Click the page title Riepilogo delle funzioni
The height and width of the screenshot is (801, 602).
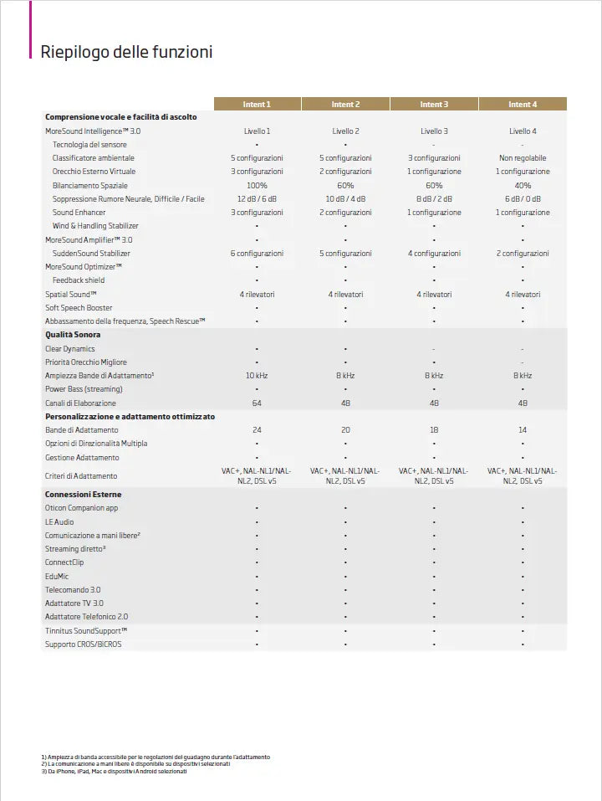point(126,52)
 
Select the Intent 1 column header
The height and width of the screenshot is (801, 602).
point(257,105)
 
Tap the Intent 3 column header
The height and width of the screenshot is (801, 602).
point(434,105)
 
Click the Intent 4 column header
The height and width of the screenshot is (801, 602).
point(523,105)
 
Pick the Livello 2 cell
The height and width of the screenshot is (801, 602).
point(345,131)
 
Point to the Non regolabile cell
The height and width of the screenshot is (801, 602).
point(523,158)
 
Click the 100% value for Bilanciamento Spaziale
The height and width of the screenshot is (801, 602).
point(257,185)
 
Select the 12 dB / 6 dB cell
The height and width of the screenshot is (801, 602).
point(257,199)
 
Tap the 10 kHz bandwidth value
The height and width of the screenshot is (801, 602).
point(257,376)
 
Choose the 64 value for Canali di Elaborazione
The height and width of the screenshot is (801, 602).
point(257,403)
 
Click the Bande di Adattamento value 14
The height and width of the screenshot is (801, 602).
point(523,429)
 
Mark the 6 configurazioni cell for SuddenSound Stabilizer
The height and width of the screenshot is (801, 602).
point(257,254)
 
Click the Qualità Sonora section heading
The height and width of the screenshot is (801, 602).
point(73,335)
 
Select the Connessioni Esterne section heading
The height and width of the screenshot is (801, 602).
point(83,495)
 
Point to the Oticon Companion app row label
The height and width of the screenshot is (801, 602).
point(82,508)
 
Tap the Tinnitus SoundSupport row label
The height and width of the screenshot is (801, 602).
point(86,630)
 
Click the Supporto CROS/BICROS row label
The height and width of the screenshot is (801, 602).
point(83,644)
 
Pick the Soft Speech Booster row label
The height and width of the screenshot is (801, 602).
point(79,308)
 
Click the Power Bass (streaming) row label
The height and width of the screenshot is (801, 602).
point(84,389)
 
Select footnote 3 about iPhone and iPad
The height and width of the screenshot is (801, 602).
point(114,771)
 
